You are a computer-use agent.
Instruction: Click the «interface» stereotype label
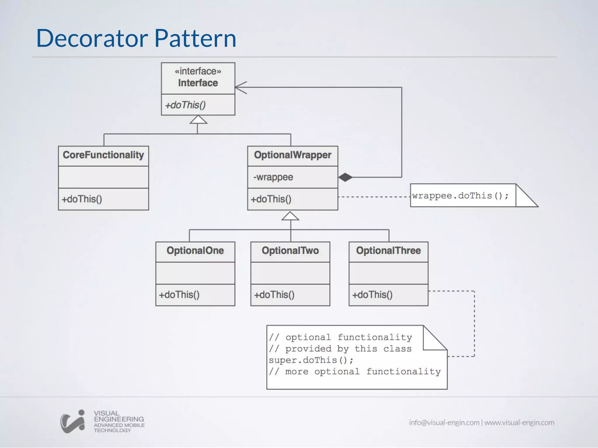[198, 71]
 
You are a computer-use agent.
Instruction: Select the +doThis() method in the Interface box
[185, 105]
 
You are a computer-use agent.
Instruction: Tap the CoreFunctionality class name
[103, 155]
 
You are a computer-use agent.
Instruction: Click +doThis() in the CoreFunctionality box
[82, 199]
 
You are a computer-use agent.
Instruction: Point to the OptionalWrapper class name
[293, 155]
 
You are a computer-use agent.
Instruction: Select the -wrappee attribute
[273, 177]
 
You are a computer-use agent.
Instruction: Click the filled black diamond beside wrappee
[345, 177]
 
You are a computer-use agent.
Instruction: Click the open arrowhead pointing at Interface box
[241, 87]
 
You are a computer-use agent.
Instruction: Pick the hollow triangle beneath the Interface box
[198, 120]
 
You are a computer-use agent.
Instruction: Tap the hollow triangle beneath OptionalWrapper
[290, 216]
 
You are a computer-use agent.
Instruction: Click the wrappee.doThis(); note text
[460, 195]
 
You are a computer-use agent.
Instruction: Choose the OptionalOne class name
[195, 251]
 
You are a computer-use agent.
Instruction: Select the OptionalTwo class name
[290, 251]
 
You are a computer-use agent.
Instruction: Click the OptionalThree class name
[388, 251]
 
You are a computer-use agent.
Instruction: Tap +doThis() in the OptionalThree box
[372, 295]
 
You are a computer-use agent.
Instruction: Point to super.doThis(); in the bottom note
[311, 360]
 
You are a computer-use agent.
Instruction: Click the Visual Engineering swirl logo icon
[73, 421]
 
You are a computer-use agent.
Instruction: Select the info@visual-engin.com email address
[444, 423]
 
